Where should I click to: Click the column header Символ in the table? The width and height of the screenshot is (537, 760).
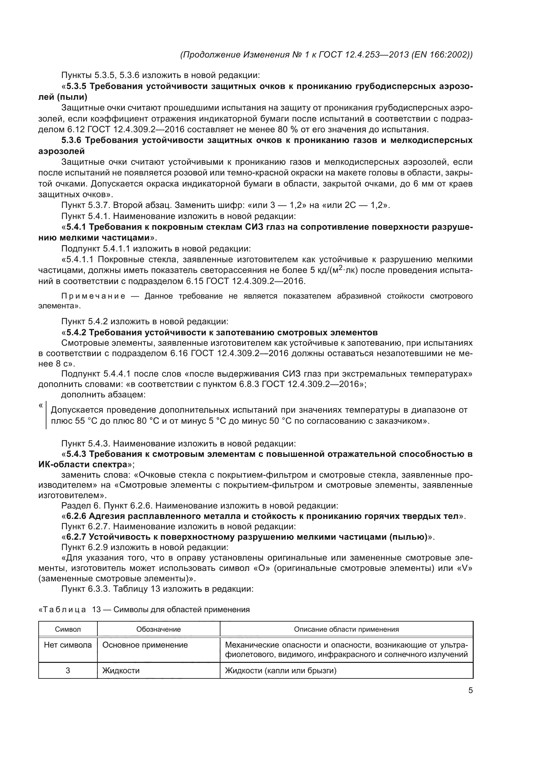click(68, 629)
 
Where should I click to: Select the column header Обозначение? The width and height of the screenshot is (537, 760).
click(158, 629)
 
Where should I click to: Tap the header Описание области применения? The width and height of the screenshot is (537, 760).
click(346, 629)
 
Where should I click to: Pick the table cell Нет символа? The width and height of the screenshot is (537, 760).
click(68, 645)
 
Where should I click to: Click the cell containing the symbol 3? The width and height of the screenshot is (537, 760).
click(68, 671)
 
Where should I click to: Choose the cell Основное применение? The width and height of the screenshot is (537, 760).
click(145, 645)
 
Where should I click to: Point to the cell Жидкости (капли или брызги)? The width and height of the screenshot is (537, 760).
click(281, 671)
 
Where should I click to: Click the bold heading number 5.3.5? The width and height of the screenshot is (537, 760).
click(76, 86)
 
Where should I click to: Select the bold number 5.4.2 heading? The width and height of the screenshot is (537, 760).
click(76, 332)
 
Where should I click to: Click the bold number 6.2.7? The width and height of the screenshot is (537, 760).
click(76, 537)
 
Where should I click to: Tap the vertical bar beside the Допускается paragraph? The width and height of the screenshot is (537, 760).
click(46, 416)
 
